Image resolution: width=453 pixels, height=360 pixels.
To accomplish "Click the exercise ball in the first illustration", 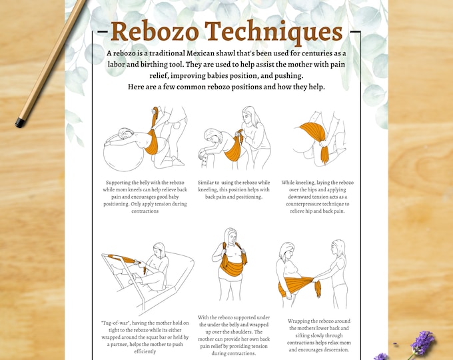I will point(127,152).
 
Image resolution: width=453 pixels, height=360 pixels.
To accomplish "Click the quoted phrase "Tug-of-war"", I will point(118,322).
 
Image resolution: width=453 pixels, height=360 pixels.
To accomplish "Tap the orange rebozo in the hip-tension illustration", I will point(318,137).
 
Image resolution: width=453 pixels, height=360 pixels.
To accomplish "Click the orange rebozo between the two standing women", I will point(300,285).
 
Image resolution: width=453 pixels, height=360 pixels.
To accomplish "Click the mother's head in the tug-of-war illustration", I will point(159,249).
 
